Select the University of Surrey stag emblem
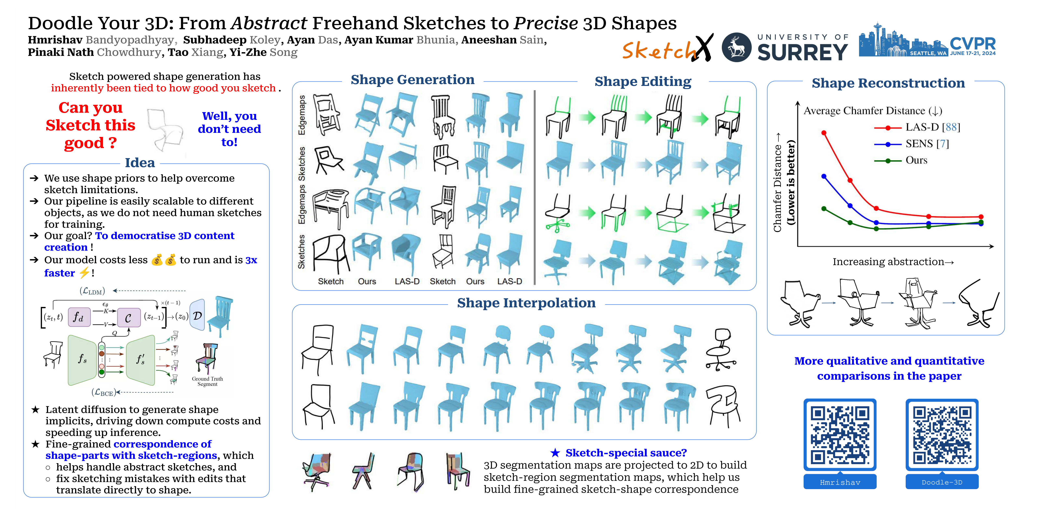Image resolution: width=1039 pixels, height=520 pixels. click(736, 47)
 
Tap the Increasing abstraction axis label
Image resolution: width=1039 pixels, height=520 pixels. click(893, 262)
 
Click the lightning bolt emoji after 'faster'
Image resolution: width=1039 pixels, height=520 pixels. click(84, 273)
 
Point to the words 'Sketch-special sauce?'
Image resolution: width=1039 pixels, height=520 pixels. click(626, 453)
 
